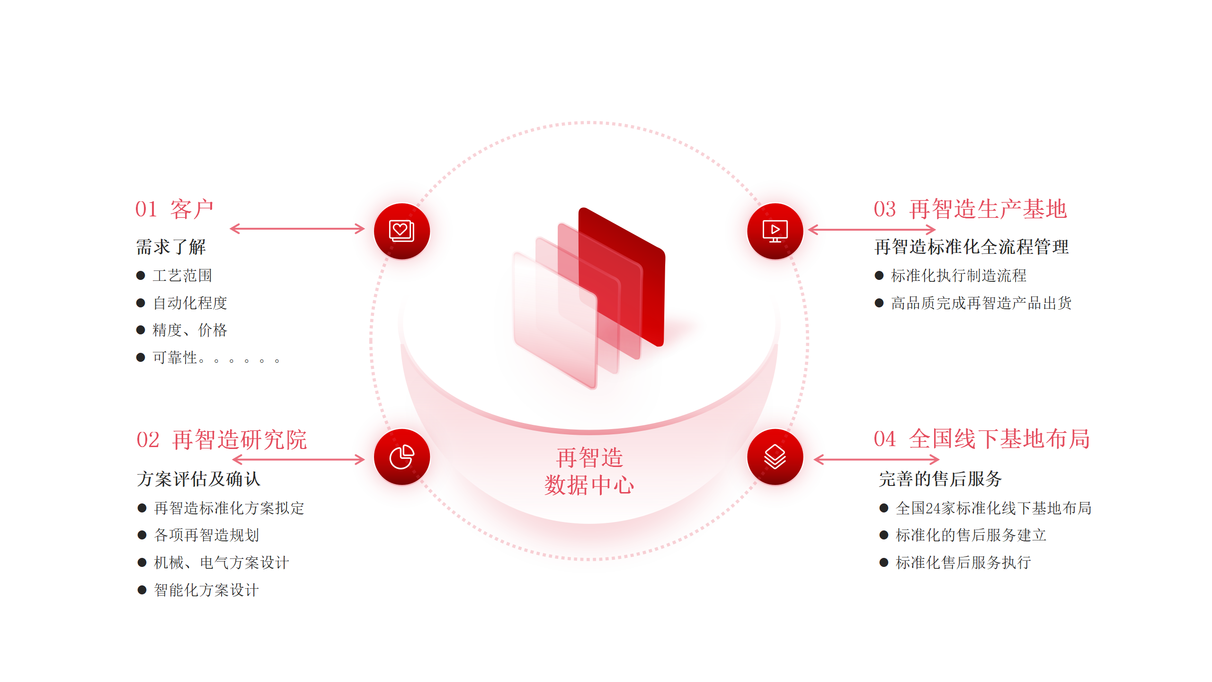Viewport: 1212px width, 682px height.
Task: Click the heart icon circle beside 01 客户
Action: click(x=402, y=231)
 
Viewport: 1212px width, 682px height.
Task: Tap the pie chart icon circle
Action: click(x=402, y=457)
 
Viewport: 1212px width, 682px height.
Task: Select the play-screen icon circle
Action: click(x=775, y=231)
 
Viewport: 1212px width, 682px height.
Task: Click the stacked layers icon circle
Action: click(x=775, y=457)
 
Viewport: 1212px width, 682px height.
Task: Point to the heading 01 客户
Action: click(x=174, y=209)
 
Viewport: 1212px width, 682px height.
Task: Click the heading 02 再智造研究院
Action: click(x=222, y=440)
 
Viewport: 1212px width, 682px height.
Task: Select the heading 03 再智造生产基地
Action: click(x=970, y=209)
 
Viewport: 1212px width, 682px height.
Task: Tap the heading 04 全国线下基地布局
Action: click(x=982, y=439)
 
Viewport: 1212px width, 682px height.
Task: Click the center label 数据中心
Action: click(x=589, y=485)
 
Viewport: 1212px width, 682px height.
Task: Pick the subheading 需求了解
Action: click(x=171, y=247)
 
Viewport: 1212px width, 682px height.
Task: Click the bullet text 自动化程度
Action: click(x=190, y=303)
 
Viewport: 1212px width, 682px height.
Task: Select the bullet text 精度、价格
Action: click(x=190, y=330)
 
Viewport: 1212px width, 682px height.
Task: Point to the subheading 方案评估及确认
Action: click(x=198, y=479)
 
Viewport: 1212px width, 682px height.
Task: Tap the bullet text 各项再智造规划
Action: click(x=206, y=535)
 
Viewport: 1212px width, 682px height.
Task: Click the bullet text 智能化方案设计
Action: click(x=206, y=590)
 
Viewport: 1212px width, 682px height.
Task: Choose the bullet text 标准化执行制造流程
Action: click(x=959, y=276)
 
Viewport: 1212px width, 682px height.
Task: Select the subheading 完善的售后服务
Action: click(x=940, y=479)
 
